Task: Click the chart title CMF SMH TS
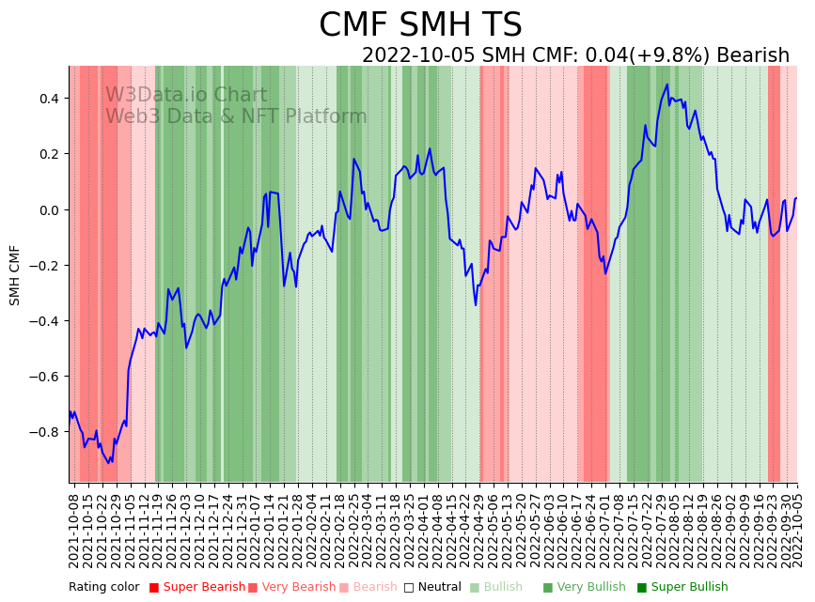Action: tap(420, 25)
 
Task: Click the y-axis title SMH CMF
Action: tap(15, 275)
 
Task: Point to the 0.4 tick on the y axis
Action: tap(48, 99)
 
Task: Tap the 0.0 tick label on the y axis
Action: tap(48, 209)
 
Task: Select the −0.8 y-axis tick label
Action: tap(44, 432)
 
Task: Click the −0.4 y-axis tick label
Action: tap(44, 321)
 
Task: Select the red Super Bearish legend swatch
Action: tap(154, 588)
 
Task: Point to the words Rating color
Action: tap(103, 588)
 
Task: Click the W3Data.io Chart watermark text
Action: tap(186, 96)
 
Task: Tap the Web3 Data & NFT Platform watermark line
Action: tap(236, 117)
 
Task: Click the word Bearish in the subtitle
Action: tap(753, 55)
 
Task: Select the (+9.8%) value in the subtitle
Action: tap(673, 55)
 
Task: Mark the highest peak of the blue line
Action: tap(667, 85)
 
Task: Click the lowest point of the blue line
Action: tap(109, 463)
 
